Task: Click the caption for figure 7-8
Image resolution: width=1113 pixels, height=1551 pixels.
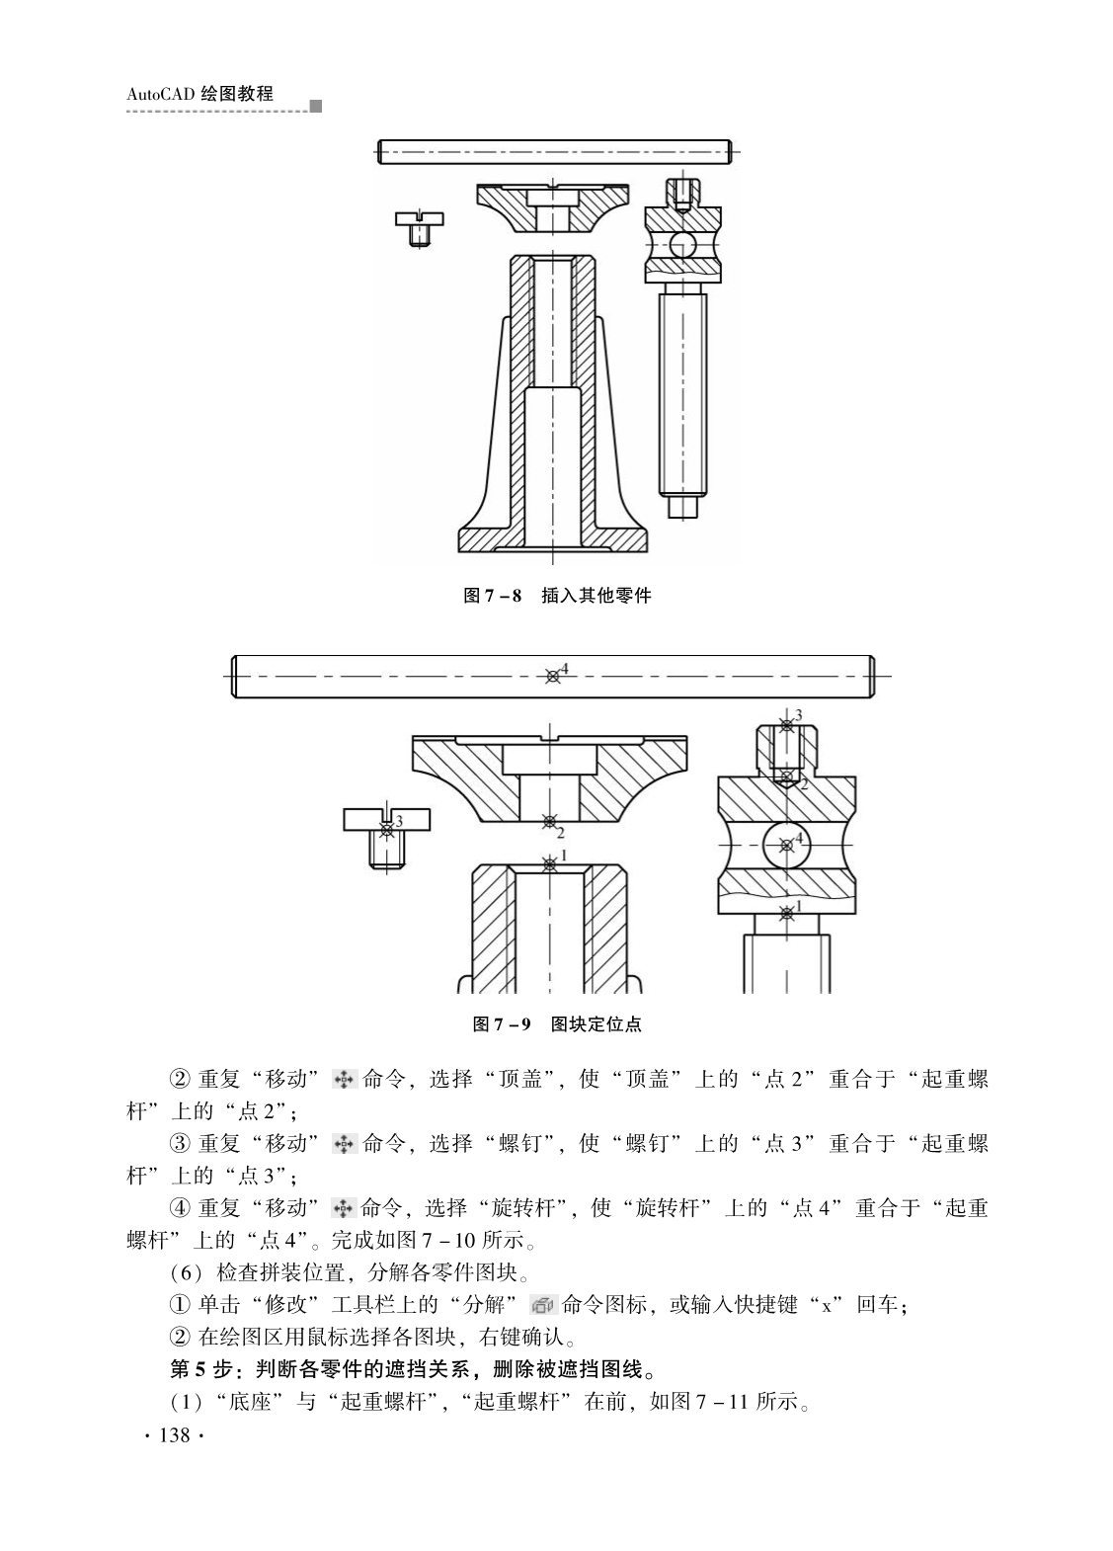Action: pyautogui.click(x=557, y=596)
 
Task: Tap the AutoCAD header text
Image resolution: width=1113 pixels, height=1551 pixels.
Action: pyautogui.click(x=200, y=94)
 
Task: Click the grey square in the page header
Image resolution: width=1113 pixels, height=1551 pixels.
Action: pyautogui.click(x=316, y=107)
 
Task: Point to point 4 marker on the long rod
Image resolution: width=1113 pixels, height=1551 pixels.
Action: pyautogui.click(x=552, y=677)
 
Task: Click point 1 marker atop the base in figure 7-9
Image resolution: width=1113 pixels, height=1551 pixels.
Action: pyautogui.click(x=549, y=864)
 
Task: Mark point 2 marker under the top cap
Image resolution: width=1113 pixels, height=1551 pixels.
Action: pyautogui.click(x=549, y=822)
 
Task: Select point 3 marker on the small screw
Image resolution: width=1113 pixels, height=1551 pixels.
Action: pyautogui.click(x=387, y=829)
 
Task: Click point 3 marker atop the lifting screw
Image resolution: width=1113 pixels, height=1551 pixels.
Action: pyautogui.click(x=786, y=726)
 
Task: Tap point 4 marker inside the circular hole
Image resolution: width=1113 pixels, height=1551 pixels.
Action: pyautogui.click(x=786, y=845)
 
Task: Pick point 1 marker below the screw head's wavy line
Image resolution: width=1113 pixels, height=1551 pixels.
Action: pyautogui.click(x=786, y=914)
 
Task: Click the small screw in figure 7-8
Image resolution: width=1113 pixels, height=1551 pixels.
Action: pyautogui.click(x=419, y=228)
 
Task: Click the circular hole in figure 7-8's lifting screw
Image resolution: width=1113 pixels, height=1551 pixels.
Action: pyautogui.click(x=682, y=244)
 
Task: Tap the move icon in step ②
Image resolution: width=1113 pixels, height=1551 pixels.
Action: pyautogui.click(x=344, y=1079)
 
